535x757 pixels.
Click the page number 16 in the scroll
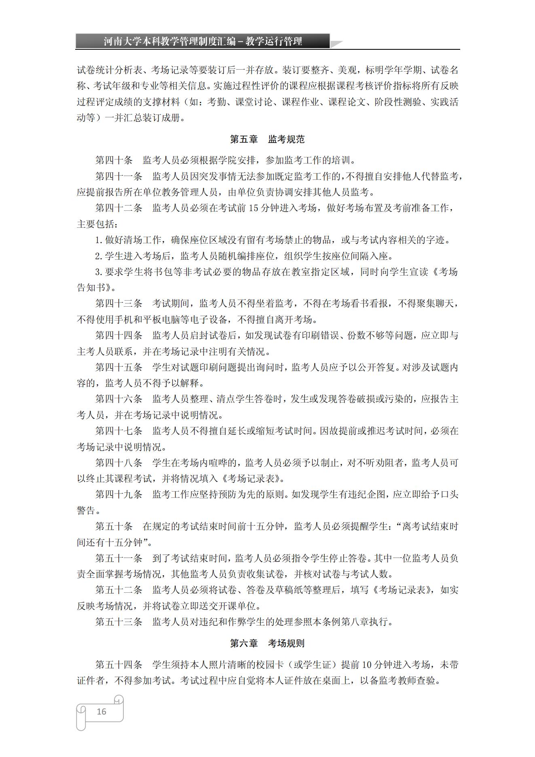(101, 711)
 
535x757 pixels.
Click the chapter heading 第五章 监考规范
(267, 140)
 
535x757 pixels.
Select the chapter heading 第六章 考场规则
(267, 643)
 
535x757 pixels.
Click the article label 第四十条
(114, 160)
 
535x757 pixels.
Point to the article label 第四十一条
(118, 176)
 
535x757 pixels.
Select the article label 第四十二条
(118, 208)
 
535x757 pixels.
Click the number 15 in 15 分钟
(253, 208)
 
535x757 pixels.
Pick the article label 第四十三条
(118, 303)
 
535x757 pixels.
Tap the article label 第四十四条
(118, 335)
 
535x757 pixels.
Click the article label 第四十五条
(118, 367)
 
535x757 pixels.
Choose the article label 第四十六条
(118, 399)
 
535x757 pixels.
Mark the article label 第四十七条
(118, 431)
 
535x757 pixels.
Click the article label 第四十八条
(118, 463)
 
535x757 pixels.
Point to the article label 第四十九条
(118, 494)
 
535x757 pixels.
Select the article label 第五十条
(114, 526)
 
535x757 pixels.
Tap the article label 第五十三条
(118, 622)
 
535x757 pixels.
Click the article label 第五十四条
(118, 665)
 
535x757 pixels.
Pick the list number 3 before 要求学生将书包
(97, 272)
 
